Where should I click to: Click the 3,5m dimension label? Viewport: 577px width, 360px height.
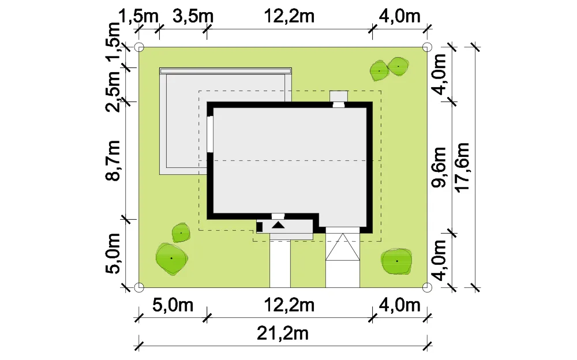(193, 17)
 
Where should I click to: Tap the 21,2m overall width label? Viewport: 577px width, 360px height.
(283, 333)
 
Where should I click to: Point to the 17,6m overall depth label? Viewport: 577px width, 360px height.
(463, 167)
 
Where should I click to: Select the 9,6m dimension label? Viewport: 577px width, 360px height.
(439, 167)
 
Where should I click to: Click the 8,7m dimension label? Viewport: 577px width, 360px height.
(113, 160)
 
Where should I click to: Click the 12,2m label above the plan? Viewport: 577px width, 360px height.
(289, 17)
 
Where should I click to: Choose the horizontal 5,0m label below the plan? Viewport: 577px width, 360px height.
(173, 305)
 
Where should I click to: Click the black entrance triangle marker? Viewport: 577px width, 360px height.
(278, 225)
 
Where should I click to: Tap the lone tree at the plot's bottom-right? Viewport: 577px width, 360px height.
(396, 261)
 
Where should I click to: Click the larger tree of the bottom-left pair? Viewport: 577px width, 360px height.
(171, 259)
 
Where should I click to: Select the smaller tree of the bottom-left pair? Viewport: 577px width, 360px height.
(181, 233)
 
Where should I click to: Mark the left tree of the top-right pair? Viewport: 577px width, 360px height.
(380, 71)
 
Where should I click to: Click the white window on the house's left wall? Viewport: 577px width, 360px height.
(210, 134)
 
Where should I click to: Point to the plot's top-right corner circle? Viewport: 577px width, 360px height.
(427, 47)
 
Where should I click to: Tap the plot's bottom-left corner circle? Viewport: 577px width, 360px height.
(138, 287)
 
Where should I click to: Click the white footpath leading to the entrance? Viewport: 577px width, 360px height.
(280, 264)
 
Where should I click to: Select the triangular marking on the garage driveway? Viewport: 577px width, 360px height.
(343, 247)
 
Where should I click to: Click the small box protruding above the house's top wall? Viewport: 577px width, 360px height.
(339, 96)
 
